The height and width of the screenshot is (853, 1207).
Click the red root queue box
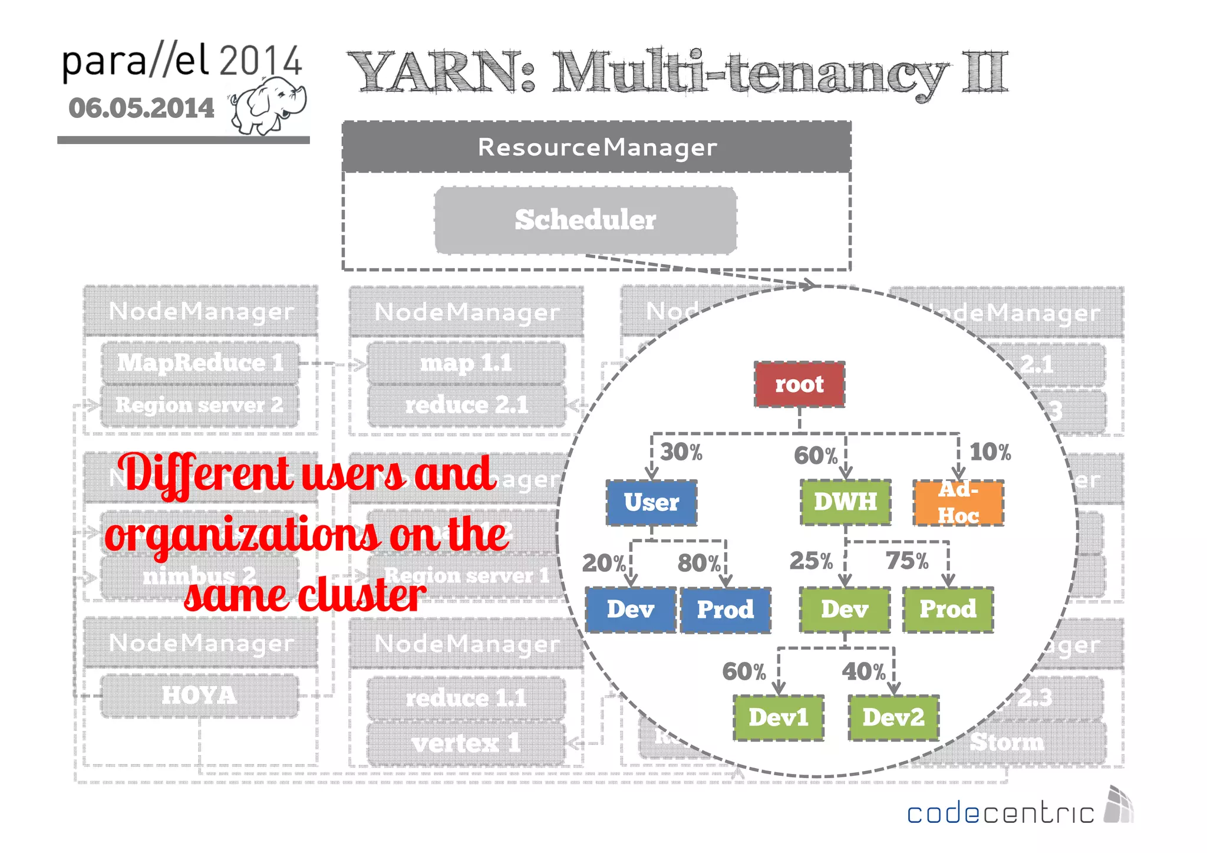pos(799,384)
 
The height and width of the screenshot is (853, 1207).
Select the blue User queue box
pos(651,502)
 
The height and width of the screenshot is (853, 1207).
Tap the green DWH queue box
pos(845,502)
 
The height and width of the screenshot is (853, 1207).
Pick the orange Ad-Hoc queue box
pos(958,502)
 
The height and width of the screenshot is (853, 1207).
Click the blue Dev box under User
pos(631,610)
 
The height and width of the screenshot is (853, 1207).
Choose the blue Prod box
pos(725,610)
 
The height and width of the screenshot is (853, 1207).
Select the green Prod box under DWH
pos(948,610)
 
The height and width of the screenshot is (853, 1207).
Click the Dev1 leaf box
pos(779,717)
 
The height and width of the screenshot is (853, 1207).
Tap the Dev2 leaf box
pos(893,717)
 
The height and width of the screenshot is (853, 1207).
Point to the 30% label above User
pos(681,452)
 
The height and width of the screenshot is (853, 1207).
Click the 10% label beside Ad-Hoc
pos(990,452)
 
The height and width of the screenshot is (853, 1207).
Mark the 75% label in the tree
pos(907,561)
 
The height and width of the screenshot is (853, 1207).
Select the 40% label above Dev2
pos(863,671)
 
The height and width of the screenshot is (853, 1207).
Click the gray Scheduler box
pos(585,220)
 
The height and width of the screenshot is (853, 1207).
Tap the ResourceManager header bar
pos(596,147)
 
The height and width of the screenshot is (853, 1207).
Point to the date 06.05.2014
pos(141,108)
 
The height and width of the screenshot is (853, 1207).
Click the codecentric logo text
pos(1000,814)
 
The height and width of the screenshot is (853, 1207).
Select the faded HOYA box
pos(200,696)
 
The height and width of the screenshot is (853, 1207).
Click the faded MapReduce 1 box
pos(200,363)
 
